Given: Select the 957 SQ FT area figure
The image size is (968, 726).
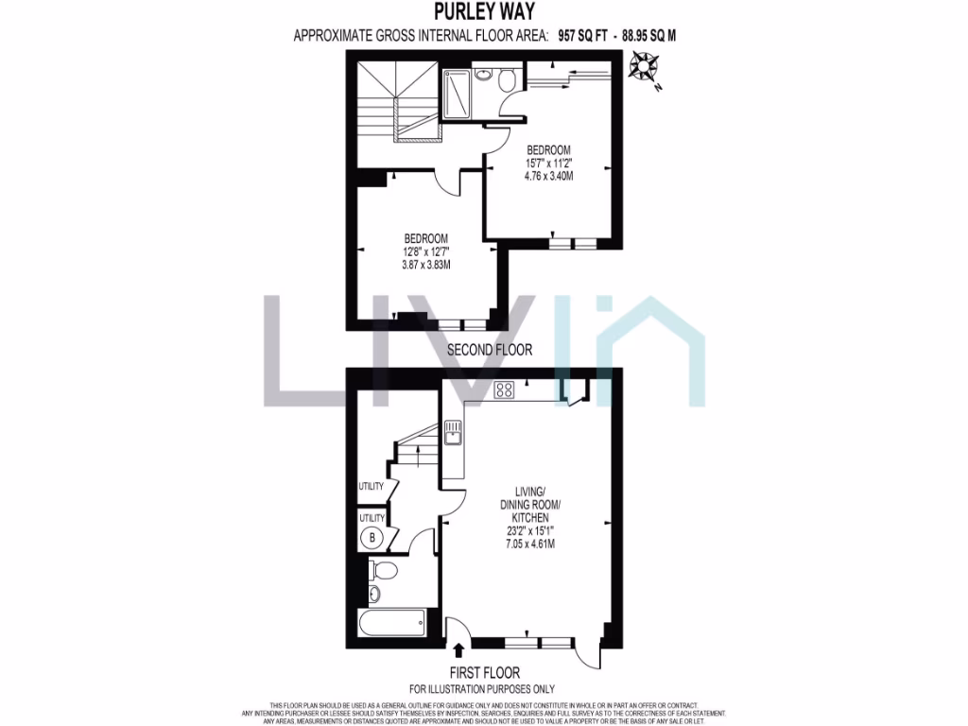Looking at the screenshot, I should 583,36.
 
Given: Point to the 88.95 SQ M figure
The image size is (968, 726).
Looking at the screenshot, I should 648,36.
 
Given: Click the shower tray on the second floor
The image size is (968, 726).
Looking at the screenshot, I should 458,93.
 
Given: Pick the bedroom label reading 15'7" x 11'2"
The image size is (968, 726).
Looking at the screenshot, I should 549,164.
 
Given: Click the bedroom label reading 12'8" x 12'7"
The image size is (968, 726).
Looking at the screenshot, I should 425,251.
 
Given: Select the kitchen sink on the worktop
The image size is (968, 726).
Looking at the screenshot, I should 453,432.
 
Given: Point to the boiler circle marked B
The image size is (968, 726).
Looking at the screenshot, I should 372,539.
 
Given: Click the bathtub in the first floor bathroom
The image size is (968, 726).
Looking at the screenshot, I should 391,624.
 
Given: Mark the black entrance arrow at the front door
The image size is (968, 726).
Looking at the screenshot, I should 459,649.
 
